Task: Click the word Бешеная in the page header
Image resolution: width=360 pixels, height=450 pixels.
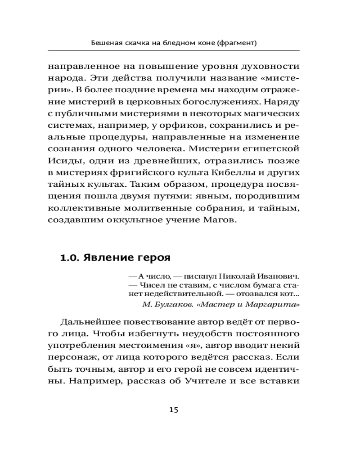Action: coord(106,43)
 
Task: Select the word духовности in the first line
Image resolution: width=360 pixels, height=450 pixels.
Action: coord(272,65)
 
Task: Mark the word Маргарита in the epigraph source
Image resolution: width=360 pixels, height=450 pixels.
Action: coord(280,305)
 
